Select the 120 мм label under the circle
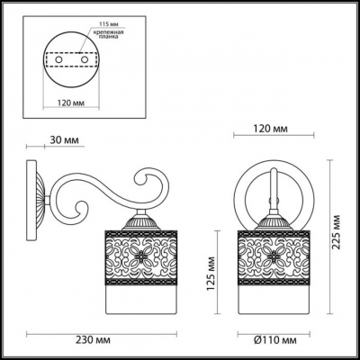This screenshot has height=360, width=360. click(x=69, y=102)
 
